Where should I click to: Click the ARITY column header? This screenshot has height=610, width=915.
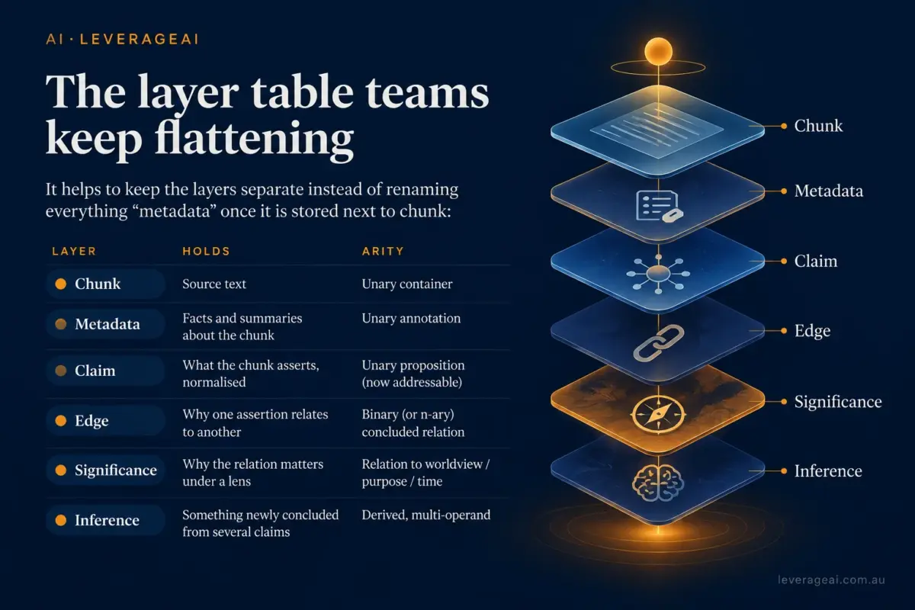[383, 251]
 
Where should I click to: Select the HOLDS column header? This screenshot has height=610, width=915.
[207, 251]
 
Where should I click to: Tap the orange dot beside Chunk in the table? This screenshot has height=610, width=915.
[61, 284]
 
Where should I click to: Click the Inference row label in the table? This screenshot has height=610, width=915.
[107, 520]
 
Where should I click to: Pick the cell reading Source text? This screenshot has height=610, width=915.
[214, 284]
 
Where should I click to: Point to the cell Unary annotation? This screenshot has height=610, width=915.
[411, 318]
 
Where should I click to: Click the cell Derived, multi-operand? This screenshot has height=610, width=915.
[426, 515]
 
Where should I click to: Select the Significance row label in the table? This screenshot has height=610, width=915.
[116, 470]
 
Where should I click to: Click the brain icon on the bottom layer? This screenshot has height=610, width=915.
[658, 484]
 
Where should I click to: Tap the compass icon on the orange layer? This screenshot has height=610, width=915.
[658, 414]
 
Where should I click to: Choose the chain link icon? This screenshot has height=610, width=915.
[659, 343]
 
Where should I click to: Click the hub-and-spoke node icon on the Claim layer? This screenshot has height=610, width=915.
[658, 274]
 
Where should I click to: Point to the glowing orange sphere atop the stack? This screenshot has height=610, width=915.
[658, 52]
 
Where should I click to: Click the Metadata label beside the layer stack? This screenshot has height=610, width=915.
[829, 191]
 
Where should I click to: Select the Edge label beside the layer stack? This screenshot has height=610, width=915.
[813, 330]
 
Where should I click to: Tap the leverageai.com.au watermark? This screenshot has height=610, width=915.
[831, 579]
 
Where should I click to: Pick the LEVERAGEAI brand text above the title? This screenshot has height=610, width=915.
[139, 39]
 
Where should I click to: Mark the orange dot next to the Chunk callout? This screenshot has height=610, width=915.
[784, 127]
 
